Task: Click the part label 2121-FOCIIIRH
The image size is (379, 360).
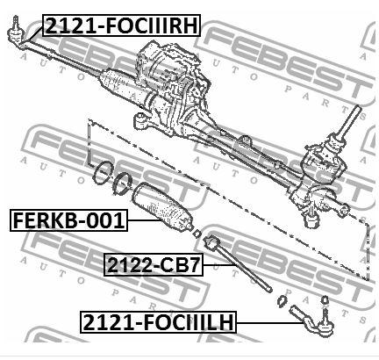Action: (122, 25)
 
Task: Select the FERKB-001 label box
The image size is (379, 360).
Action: (68, 220)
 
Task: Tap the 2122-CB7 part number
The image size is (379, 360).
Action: (154, 265)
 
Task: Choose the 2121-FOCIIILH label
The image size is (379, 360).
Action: (158, 322)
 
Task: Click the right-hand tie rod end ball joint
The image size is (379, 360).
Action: (14, 31)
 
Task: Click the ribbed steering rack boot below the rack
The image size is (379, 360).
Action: (163, 209)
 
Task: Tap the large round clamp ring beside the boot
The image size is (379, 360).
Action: (103, 173)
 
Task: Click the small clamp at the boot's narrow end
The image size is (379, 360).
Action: (197, 234)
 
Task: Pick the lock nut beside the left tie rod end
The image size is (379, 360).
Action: (282, 301)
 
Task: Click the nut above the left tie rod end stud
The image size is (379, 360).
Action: (325, 299)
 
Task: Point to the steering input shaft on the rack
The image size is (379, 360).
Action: (350, 121)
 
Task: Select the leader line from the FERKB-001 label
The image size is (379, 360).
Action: (145, 220)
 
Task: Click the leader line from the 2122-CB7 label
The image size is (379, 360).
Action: (219, 265)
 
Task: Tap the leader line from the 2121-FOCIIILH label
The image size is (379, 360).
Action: (270, 322)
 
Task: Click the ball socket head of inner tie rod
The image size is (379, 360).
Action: (211, 241)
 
